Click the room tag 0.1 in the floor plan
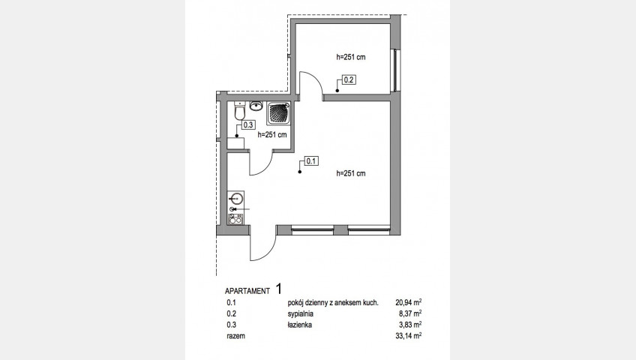(311, 161)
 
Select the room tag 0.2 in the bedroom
(349, 79)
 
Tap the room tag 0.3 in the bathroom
(247, 125)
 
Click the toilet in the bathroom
(240, 111)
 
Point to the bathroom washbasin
(256, 106)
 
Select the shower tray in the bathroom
(279, 113)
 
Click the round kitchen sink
(235, 199)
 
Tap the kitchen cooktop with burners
(235, 219)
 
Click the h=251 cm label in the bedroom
(351, 57)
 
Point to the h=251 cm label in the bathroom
(272, 135)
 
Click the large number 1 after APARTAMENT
(279, 289)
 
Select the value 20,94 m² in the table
(409, 302)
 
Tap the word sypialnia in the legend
(301, 313)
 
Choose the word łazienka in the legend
(300, 325)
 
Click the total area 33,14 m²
(409, 336)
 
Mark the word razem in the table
(236, 336)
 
